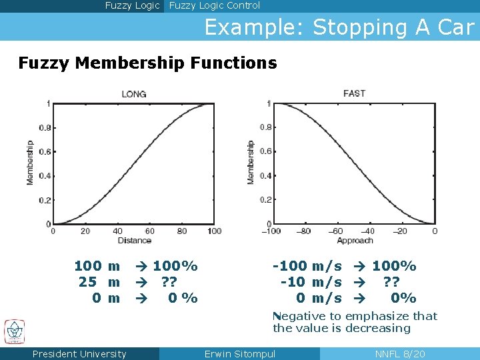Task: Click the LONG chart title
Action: (x=134, y=94)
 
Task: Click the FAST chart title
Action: (x=354, y=93)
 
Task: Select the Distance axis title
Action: (x=134, y=241)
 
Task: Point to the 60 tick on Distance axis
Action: (x=149, y=231)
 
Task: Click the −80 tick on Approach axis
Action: (x=303, y=231)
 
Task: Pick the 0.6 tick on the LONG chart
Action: (x=44, y=151)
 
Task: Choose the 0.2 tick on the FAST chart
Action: (x=265, y=199)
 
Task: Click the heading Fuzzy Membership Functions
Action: (x=147, y=63)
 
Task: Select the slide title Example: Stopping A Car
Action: (x=339, y=27)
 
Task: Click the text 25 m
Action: (x=99, y=282)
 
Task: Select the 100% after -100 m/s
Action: (x=394, y=266)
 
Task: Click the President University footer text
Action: (x=79, y=354)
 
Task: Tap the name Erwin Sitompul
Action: (x=239, y=354)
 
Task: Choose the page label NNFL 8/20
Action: (x=400, y=354)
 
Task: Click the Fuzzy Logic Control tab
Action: (x=215, y=6)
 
